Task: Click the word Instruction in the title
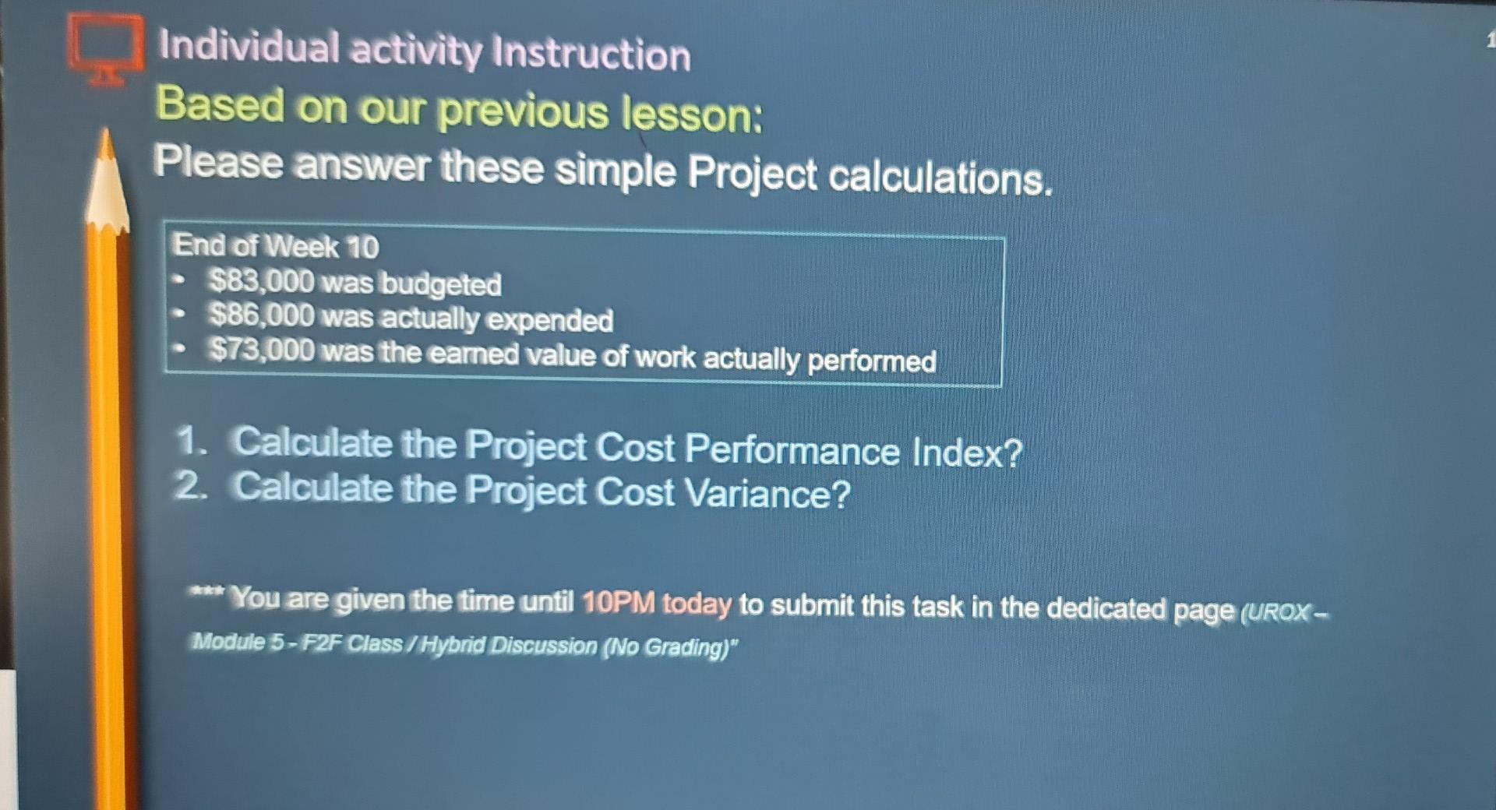pos(591,55)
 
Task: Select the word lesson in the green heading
pos(690,114)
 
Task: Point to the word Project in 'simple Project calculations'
pos(752,174)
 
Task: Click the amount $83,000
pos(261,281)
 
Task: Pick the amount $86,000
pos(261,315)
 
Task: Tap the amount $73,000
pos(261,350)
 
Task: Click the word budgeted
pos(440,284)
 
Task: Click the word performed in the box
pos(871,361)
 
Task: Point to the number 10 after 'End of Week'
pos(362,248)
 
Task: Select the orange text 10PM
pos(618,603)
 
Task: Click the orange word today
pos(697,604)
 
